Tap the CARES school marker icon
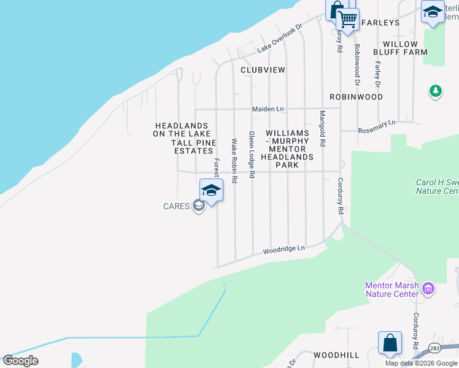click(198, 206)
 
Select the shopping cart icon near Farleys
click(348, 20)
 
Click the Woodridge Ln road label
click(284, 249)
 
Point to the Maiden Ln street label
click(268, 109)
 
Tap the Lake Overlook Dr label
click(280, 39)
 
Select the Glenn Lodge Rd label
click(252, 150)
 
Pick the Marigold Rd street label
click(322, 128)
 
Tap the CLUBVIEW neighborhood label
click(263, 70)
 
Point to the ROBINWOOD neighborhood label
click(356, 97)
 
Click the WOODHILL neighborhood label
click(336, 355)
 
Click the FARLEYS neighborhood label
click(380, 23)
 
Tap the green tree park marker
click(435, 91)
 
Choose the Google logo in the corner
click(21, 361)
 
